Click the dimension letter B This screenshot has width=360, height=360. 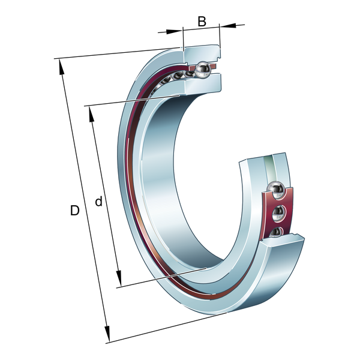click(202, 22)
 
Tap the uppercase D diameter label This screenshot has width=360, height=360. click(75, 211)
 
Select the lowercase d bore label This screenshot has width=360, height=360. click(98, 202)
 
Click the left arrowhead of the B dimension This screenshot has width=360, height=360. click(174, 32)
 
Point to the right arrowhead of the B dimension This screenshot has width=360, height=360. click(228, 25)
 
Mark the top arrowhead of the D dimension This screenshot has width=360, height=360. click(61, 67)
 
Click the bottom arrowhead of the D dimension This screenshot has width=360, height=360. click(107, 334)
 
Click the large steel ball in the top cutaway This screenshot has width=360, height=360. click(202, 70)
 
